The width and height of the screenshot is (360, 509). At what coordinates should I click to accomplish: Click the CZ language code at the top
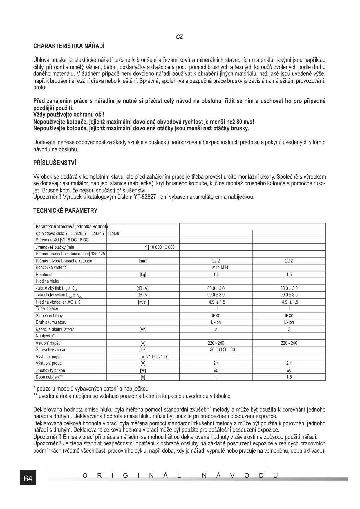pos(180,37)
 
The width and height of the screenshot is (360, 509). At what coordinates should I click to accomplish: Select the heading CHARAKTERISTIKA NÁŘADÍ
pos(69,46)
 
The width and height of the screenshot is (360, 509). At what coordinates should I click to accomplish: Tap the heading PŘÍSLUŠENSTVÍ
pos(55,163)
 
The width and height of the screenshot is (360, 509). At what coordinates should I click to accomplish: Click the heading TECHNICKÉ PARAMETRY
pos(65,211)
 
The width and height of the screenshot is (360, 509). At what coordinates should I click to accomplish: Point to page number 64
pos(28,478)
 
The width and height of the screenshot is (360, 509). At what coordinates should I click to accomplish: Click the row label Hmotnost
pos(44,275)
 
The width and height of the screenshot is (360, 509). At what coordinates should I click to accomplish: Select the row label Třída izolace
pos(47,308)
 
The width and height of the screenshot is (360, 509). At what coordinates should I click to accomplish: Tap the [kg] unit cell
pos(143,275)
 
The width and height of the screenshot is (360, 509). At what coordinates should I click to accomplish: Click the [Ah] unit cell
pos(143,329)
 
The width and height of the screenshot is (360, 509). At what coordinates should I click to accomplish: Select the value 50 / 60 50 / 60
pos(222,350)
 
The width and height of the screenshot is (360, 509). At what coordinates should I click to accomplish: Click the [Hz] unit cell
pos(143,350)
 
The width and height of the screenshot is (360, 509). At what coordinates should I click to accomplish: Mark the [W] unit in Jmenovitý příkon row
pos(143,370)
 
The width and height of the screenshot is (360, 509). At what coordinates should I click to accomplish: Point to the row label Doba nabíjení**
pos(49,377)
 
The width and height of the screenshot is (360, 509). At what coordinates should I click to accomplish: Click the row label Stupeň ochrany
pos(49,316)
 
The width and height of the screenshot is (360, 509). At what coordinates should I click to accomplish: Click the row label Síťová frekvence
pos(50,350)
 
